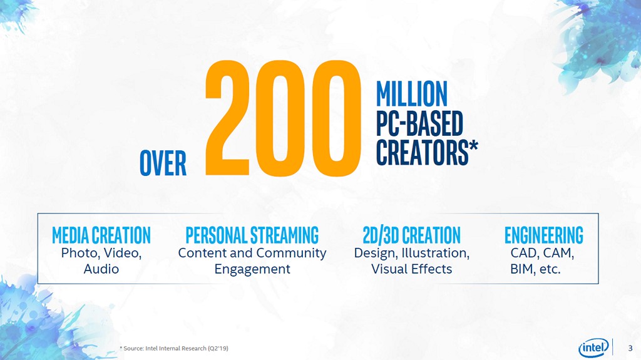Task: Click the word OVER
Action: click(x=163, y=163)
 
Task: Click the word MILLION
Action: click(x=411, y=94)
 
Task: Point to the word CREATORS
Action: click(x=422, y=152)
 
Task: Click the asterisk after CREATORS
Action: click(x=474, y=145)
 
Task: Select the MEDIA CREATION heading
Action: click(x=101, y=235)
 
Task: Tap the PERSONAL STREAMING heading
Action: click(x=252, y=235)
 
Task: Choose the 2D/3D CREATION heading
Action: click(x=411, y=235)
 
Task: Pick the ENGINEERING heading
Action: click(x=543, y=235)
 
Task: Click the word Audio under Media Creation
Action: click(x=101, y=269)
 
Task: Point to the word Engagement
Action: click(x=252, y=270)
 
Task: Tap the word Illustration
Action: click(x=437, y=254)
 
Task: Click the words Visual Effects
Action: click(x=411, y=269)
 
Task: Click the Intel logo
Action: click(x=593, y=347)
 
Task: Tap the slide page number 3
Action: click(x=630, y=347)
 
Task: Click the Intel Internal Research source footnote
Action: click(x=173, y=347)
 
